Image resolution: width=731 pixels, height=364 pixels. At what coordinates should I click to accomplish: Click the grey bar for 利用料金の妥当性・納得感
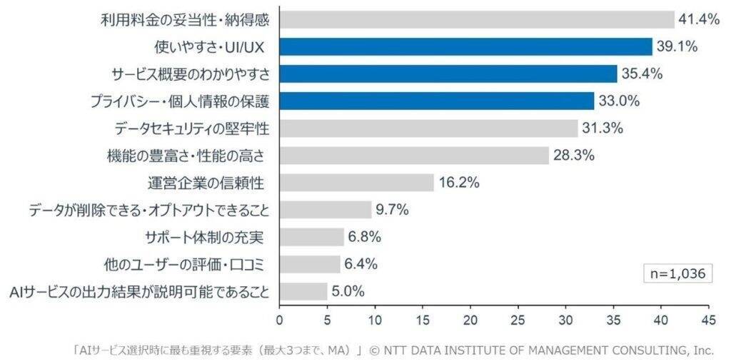pos(477,19)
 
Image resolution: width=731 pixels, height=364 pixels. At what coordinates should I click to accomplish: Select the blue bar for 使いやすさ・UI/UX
pos(465,46)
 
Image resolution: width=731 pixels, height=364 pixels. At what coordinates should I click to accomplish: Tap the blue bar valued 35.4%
pos(448,74)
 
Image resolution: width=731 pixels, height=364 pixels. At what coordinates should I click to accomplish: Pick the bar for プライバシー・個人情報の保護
pos(437,101)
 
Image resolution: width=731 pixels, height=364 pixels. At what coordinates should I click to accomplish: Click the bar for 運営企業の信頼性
pos(357,183)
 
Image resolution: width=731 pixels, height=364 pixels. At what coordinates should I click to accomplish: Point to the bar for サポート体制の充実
pos(312,237)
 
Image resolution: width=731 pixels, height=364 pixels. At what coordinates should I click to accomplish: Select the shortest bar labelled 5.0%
pos(303,291)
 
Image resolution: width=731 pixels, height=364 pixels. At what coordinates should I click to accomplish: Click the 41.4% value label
pos(699,20)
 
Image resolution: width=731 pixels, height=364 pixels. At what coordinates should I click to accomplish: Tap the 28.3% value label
pos(574,156)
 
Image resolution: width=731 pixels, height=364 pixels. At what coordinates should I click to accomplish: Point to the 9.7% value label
pos(393,210)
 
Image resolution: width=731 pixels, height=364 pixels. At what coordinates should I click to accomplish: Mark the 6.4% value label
pos(361,264)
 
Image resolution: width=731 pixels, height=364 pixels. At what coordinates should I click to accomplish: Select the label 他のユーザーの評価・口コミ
pos(184,265)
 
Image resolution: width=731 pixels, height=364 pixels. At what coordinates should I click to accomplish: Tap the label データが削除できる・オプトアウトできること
pos(149,210)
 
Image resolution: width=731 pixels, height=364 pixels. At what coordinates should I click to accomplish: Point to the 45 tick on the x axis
pos(708,318)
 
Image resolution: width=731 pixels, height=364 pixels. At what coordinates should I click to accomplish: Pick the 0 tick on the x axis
pos(280,318)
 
